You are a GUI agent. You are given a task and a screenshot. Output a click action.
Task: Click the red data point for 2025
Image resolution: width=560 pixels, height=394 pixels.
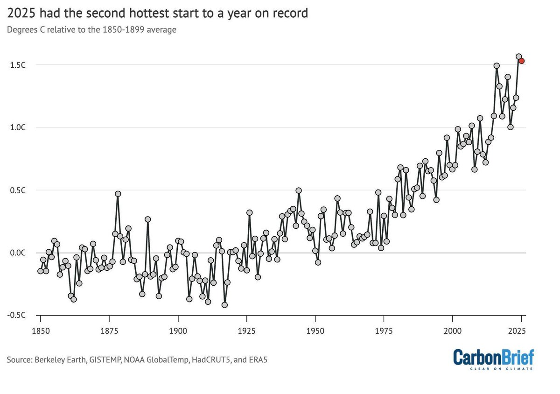pyautogui.click(x=522, y=61)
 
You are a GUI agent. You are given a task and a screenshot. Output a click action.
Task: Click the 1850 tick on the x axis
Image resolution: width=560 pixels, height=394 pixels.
pyautogui.click(x=41, y=330)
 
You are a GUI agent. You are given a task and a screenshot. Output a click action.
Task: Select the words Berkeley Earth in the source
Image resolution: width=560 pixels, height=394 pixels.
pyautogui.click(x=54, y=360)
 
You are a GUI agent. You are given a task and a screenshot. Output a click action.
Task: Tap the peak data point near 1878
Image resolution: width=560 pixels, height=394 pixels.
pyautogui.click(x=118, y=194)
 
